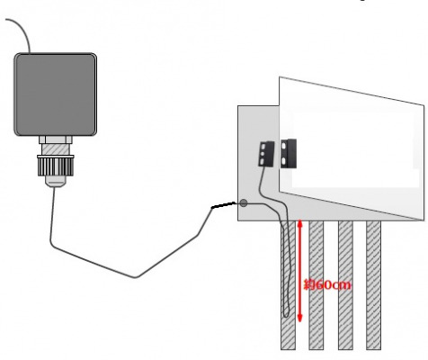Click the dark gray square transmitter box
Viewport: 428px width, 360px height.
click(56, 94)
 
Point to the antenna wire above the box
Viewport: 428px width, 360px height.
click(23, 31)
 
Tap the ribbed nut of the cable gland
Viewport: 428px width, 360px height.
click(56, 166)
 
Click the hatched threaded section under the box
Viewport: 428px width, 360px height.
click(56, 149)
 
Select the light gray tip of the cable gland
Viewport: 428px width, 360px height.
click(56, 181)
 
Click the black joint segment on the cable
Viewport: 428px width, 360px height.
click(224, 205)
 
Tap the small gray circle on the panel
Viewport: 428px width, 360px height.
click(244, 203)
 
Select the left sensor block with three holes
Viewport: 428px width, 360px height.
click(266, 154)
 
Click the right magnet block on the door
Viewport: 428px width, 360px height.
click(289, 154)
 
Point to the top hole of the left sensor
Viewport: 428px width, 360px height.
click(263, 147)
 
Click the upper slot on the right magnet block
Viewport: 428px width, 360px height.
click(283, 146)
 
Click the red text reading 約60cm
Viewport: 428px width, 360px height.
click(327, 284)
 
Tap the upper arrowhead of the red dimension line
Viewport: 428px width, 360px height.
click(299, 223)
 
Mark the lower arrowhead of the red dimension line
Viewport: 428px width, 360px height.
click(299, 319)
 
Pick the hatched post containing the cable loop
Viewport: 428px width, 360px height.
click(288, 285)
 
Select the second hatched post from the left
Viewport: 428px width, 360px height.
click(317, 285)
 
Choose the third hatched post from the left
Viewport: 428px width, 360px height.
click(345, 285)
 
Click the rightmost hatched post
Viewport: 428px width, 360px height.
click(374, 285)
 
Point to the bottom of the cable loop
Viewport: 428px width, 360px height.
click(286, 316)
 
